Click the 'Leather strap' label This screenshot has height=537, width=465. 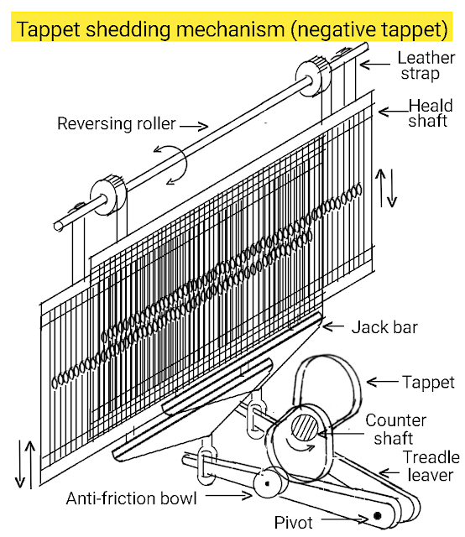pos(426,65)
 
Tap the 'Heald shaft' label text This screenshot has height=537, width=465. pos(430,113)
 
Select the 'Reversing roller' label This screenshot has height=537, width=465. pos(117,123)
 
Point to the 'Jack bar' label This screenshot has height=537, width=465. pos(384,327)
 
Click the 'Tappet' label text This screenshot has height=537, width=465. pos(428,383)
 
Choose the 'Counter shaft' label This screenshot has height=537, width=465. pos(395,430)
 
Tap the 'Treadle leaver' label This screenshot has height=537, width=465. pos(431,467)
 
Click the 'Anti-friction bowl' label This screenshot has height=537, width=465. pos(131,498)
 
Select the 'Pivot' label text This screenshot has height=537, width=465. pos(293,523)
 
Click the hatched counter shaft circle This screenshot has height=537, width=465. pos(305,427)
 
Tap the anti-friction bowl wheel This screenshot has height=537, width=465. pos(268,483)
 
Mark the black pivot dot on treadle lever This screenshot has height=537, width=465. pos(377,515)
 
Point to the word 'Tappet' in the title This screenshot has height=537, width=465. pos(49,29)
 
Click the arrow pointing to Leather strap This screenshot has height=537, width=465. pos(375,64)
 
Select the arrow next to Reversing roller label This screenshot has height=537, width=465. pos(194,126)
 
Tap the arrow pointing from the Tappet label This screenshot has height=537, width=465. pos(383,382)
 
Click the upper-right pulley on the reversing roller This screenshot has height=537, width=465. pos(312,77)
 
